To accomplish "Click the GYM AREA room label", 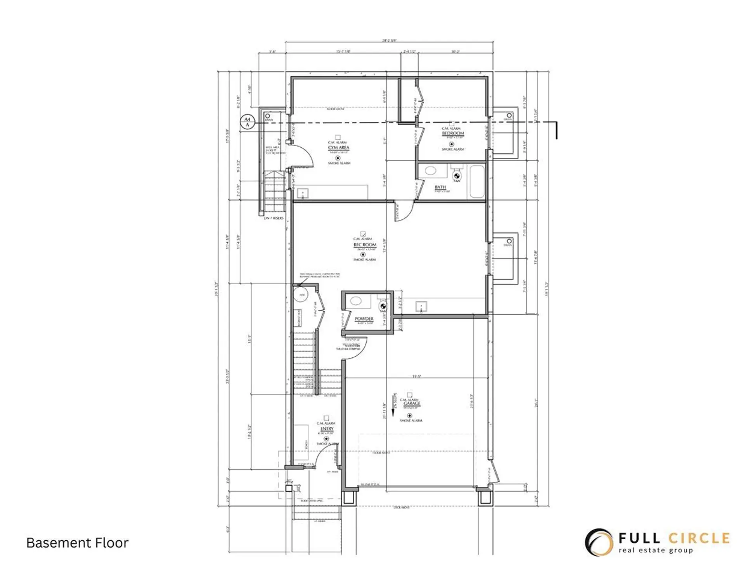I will [338, 147].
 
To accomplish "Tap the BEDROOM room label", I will [452, 133].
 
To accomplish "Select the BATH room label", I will [440, 187].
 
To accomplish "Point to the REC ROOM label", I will [364, 245].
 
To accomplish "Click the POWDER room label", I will [364, 319].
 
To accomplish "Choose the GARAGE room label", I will [412, 404].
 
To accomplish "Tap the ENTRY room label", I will [327, 429].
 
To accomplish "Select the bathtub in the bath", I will [477, 181].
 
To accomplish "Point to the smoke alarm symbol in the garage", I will [409, 416].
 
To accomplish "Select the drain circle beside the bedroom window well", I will [509, 116].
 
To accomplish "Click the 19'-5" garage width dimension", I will [416, 376].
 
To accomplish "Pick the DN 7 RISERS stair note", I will [274, 218].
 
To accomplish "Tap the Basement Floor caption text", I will [77, 543].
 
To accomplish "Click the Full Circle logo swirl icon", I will [599, 542].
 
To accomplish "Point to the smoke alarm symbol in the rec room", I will [363, 255].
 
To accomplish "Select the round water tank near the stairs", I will [300, 295].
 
